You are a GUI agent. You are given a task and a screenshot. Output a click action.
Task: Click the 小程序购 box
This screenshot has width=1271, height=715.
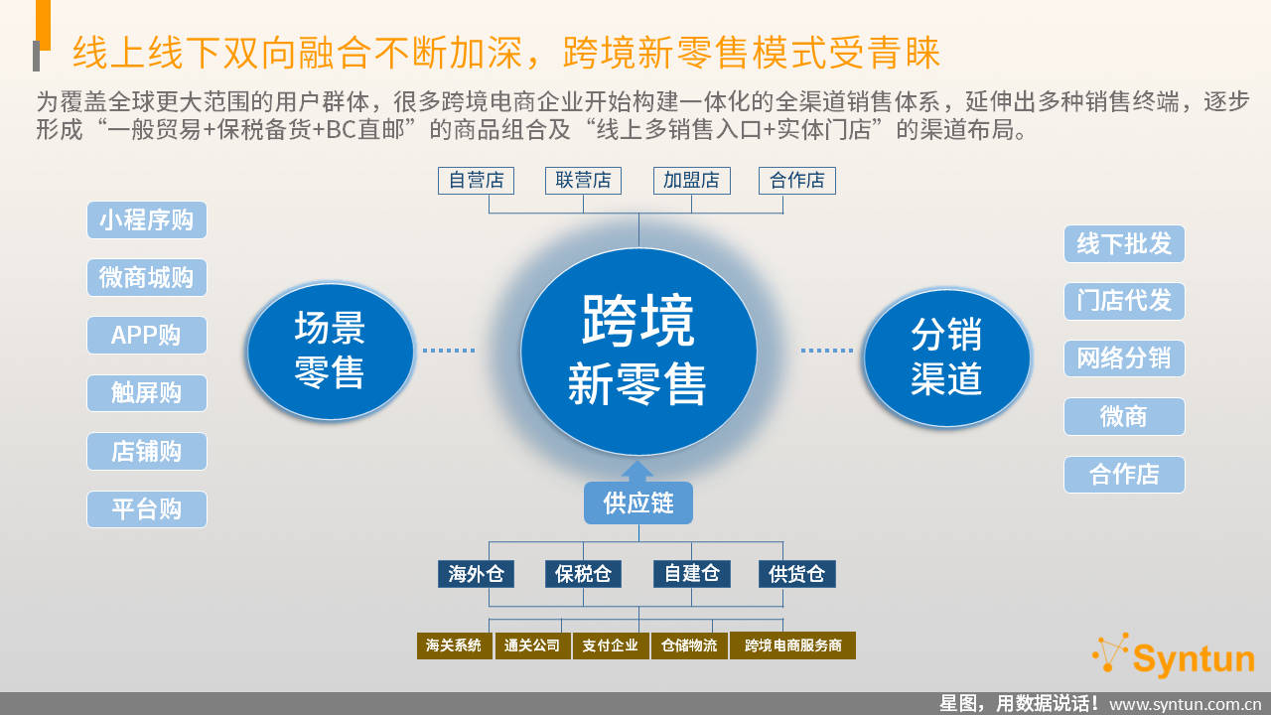[147, 220]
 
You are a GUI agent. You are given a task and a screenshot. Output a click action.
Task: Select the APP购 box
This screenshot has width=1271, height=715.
[147, 336]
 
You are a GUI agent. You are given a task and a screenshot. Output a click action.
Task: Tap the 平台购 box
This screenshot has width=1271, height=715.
[147, 509]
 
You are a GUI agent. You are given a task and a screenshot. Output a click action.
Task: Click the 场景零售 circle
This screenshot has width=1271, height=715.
[331, 352]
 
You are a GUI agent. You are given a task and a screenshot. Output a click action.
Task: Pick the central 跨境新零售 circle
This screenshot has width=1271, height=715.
[638, 352]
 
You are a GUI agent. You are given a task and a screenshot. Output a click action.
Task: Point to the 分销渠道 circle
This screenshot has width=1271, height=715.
[947, 357]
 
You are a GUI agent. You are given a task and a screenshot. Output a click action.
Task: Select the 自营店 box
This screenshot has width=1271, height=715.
[476, 181]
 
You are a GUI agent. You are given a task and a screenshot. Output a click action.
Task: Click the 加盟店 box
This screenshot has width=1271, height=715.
[692, 181]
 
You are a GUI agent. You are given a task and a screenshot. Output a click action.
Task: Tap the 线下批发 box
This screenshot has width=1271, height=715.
[1124, 244]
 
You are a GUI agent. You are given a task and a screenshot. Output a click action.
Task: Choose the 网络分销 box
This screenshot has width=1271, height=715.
[1124, 358]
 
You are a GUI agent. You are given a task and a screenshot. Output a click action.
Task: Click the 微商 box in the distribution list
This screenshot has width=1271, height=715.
[1124, 416]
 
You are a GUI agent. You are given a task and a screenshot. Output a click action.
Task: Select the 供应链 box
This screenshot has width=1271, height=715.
[638, 502]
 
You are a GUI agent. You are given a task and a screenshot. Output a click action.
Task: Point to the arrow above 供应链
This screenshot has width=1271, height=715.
[637, 471]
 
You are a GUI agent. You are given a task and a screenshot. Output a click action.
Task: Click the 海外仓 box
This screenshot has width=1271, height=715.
[476, 574]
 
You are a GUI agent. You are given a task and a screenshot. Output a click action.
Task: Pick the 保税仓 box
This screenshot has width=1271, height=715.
[583, 574]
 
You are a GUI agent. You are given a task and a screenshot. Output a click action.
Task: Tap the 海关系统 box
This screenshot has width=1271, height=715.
[455, 645]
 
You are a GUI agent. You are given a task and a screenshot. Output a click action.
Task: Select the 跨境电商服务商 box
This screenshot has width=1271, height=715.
[792, 645]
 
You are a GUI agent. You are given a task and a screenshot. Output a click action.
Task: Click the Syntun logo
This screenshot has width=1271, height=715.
[1174, 656]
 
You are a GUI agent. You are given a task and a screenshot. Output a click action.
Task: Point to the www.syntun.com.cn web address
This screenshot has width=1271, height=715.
[1185, 704]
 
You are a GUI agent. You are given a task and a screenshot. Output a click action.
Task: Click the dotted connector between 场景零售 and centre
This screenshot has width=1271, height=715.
[449, 351]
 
